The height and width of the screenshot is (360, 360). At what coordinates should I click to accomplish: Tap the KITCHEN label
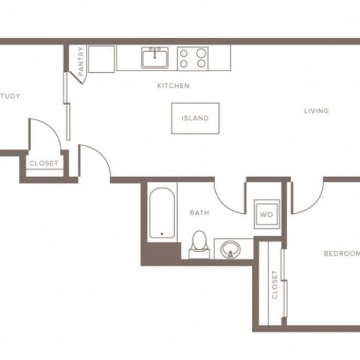click(174, 86)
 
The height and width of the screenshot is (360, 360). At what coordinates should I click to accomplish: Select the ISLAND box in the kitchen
click(195, 118)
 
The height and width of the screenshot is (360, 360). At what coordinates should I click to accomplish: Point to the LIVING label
click(316, 111)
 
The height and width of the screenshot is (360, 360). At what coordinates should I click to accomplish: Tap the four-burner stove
click(192, 58)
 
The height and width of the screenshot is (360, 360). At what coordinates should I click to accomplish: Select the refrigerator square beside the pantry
click(102, 58)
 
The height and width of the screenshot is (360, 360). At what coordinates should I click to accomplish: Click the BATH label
click(199, 213)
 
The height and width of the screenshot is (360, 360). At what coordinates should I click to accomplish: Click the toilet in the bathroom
click(198, 245)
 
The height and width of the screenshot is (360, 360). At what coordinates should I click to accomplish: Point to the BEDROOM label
click(341, 253)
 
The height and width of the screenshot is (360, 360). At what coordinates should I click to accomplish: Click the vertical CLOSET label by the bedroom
click(274, 284)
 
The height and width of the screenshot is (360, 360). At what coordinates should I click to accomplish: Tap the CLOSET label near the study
click(43, 163)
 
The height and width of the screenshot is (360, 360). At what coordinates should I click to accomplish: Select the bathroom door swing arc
click(230, 198)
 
